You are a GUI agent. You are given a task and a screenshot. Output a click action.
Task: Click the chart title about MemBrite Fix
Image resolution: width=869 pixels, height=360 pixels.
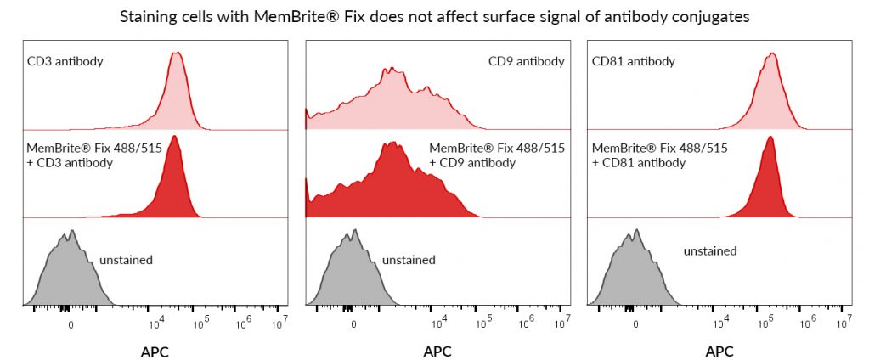pos(434,17)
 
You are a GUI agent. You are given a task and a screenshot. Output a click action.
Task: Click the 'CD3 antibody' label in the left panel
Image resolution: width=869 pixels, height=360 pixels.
pos(64,61)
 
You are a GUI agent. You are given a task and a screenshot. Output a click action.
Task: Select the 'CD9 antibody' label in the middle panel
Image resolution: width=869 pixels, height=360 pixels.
pos(526,61)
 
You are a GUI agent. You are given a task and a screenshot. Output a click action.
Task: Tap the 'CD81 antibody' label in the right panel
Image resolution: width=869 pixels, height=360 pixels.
pos(632,61)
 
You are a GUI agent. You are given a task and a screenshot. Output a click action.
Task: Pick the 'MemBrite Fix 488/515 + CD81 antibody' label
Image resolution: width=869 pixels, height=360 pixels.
pos(659,155)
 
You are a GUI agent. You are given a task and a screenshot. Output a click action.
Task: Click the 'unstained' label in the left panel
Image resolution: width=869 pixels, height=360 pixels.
pos(126,260)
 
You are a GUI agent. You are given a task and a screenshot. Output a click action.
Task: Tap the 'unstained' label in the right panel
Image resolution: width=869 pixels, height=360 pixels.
pos(709,251)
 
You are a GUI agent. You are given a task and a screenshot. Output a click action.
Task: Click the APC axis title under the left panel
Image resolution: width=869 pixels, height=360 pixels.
pos(155,351)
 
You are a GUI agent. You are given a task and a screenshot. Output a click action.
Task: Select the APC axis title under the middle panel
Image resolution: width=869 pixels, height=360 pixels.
pos(437,351)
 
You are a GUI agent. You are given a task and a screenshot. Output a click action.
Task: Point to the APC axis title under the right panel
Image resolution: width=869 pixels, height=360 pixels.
pos(719,351)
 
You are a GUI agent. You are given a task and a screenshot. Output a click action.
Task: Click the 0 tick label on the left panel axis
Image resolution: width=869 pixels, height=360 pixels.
pos(71,324)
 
